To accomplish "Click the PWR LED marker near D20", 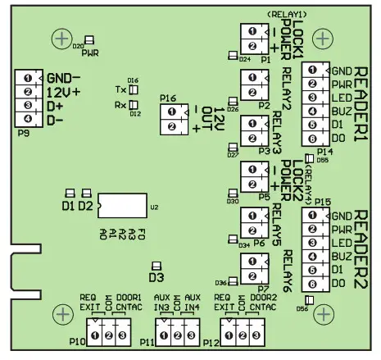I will coord(88,39).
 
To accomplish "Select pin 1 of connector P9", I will coord(28,78).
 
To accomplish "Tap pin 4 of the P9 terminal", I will coord(28,119).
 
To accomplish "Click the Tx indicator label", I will coord(120,89).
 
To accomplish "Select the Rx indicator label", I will coord(120,104).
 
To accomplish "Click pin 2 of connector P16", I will coord(170,127).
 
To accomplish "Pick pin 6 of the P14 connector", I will coord(311,139).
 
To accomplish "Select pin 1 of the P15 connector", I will coord(312,215).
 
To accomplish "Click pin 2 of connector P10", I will coord(110,336).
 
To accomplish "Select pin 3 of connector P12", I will coord(255,336).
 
